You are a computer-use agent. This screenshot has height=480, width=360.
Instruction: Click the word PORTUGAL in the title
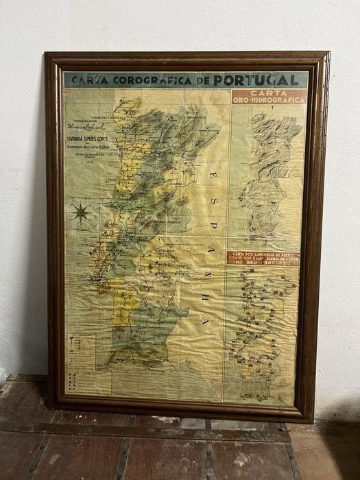tap(256, 80)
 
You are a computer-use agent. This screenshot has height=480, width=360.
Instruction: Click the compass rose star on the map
tap(81, 213)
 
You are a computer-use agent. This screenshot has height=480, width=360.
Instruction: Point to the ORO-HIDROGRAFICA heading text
tap(269, 100)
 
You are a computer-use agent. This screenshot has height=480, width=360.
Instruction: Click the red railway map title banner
tap(263, 257)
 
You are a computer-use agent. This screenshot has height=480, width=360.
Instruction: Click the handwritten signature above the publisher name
tap(86, 127)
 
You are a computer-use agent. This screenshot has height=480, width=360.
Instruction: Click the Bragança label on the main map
tap(197, 117)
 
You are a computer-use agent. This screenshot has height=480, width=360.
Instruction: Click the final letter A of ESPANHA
tap(204, 321)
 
